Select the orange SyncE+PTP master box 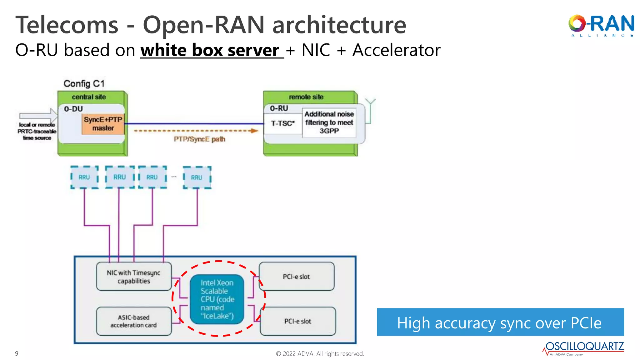click(x=103, y=124)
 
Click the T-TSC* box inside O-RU click(x=282, y=124)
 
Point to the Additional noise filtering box click(x=329, y=122)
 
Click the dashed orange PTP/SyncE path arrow click(x=196, y=131)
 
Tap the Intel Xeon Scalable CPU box click(x=217, y=299)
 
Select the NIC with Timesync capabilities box click(x=134, y=277)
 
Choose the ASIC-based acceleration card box click(x=134, y=321)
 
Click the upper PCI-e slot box click(x=296, y=277)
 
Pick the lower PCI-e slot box click(x=297, y=321)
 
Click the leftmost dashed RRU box click(x=84, y=177)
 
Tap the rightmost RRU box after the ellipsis click(x=197, y=177)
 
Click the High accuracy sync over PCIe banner click(x=500, y=322)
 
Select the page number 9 click(x=17, y=353)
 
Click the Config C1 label click(x=84, y=84)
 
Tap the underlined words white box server click(x=210, y=50)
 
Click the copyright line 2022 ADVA click(x=320, y=354)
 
